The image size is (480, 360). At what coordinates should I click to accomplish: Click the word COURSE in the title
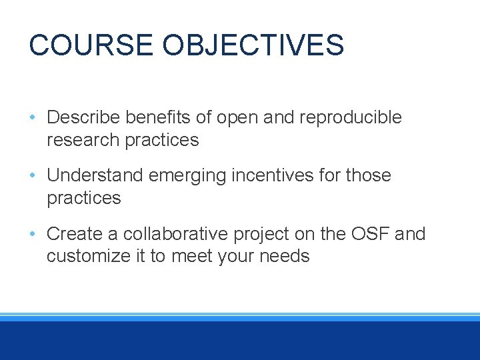[92, 45]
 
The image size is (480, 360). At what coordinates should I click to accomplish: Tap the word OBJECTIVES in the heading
[253, 45]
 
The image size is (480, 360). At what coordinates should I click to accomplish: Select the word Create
[74, 234]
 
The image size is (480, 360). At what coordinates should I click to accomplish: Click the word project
[255, 235]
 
